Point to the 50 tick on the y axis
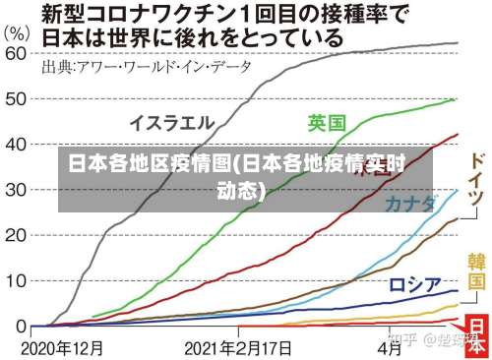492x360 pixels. (x=16, y=100)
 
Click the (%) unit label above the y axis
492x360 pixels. (x=17, y=30)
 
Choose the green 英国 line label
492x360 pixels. (x=326, y=123)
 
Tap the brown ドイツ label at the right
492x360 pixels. (x=475, y=181)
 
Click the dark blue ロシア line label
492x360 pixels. (x=414, y=258)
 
